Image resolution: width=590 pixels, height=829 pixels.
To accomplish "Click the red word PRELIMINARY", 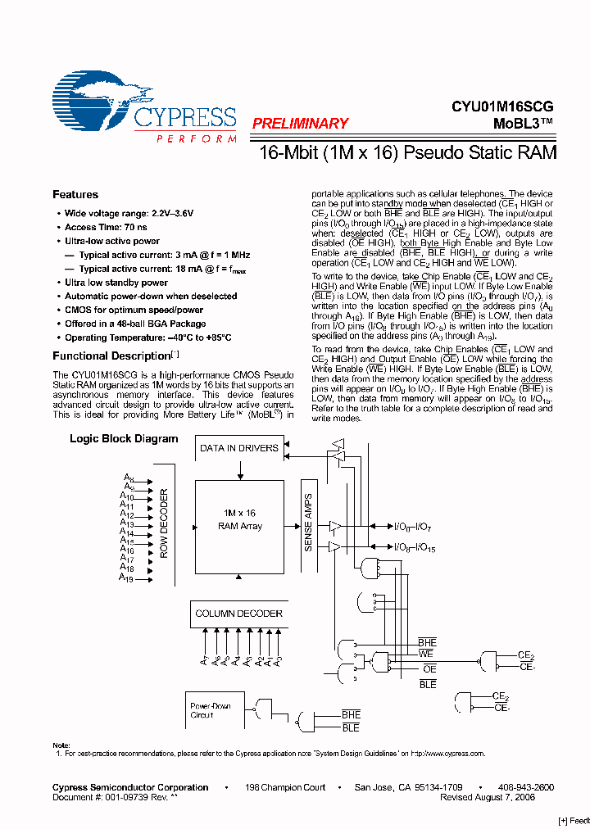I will click(300, 124).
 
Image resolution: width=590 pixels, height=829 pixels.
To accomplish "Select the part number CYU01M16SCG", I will click(501, 106).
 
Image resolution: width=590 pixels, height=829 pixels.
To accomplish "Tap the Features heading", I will click(75, 194).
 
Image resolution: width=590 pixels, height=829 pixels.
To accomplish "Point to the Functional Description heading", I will click(111, 356).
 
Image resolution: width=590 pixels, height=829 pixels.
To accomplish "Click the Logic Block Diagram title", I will click(124, 439).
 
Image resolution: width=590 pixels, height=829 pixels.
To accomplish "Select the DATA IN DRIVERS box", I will click(239, 448).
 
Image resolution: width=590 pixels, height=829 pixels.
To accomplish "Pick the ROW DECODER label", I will click(164, 524).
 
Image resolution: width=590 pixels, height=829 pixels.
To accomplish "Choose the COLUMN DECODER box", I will click(238, 614).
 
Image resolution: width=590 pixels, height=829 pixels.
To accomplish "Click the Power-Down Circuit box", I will click(211, 710).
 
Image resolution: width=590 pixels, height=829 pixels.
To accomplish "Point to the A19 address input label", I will click(126, 579).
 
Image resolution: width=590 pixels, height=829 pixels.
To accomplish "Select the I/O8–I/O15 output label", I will click(415, 547).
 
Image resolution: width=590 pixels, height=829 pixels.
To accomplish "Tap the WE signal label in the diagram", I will click(426, 654).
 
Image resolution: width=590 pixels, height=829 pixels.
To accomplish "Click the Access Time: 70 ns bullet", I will click(107, 227).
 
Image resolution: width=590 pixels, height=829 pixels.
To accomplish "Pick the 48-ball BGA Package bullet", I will click(135, 324).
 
